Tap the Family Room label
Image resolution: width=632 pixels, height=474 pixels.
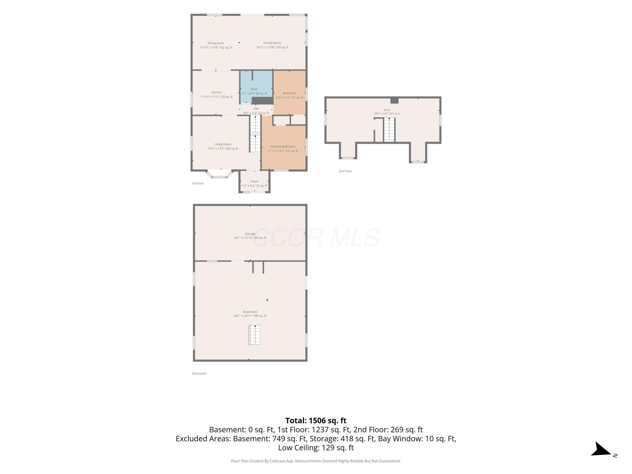point(272,43)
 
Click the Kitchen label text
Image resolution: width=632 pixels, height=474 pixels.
point(216,92)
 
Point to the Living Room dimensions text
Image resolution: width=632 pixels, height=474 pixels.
point(223,149)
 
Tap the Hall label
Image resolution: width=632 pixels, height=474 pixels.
point(256,108)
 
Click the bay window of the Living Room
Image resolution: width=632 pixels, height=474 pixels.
point(220,174)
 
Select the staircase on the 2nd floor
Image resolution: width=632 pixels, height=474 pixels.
point(389,129)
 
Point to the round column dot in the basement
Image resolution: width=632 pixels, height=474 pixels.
point(267,300)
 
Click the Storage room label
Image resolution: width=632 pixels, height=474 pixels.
point(250,234)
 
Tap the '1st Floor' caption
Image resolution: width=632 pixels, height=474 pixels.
point(197,183)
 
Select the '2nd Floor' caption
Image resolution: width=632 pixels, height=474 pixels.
point(345,171)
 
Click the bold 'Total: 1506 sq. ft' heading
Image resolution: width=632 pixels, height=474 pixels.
point(316,420)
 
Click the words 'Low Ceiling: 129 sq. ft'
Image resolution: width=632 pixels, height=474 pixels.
point(316,448)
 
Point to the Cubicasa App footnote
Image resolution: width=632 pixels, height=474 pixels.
point(316,461)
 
